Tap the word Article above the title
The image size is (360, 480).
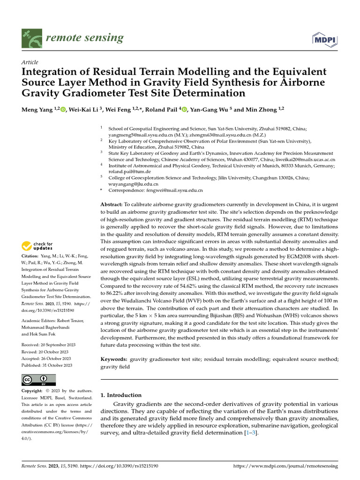click(30, 62)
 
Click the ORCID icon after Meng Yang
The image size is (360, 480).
click(64, 109)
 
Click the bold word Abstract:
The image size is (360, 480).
click(112, 205)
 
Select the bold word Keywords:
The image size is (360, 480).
click(114, 359)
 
